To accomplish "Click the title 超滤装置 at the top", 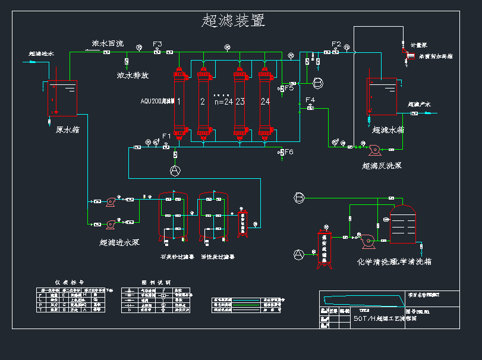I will point(234,21).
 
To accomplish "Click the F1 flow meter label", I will point(166,137).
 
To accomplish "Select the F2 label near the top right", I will point(336,44).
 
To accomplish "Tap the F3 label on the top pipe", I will point(157,45).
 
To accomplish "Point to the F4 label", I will point(310,100).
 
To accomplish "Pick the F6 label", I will point(289,153).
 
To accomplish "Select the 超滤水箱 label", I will point(388,129).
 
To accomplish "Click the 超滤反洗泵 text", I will point(382,166).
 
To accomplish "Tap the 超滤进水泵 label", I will point(119,242).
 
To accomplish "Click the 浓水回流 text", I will point(108,43).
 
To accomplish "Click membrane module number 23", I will point(240,102).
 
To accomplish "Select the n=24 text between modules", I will point(223,102).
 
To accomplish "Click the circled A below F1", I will point(175,170).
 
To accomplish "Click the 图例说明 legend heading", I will point(156,282).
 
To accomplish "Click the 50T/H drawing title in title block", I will point(385,318).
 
